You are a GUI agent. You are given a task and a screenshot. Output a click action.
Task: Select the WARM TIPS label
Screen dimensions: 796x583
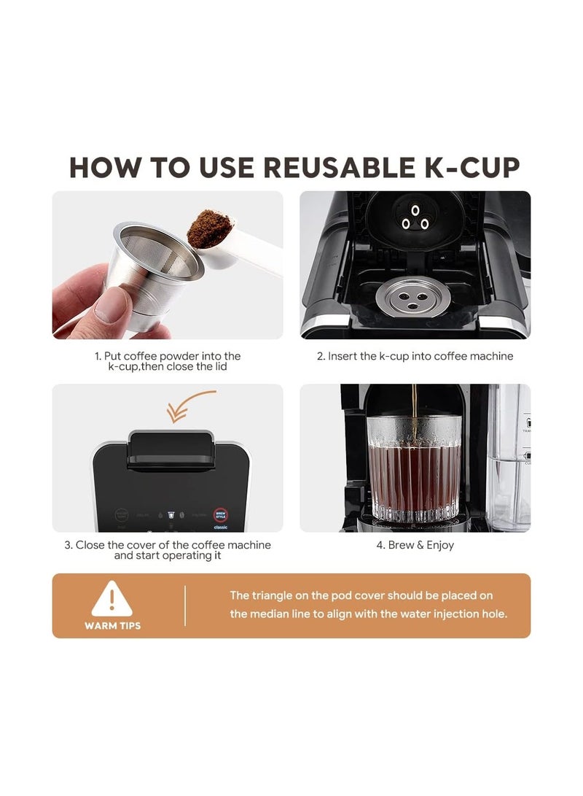tap(112, 626)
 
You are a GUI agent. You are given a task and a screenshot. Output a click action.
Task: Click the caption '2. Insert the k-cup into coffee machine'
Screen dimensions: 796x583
tap(415, 357)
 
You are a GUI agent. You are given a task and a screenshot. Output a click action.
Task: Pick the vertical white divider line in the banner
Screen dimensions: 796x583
tap(185, 606)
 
